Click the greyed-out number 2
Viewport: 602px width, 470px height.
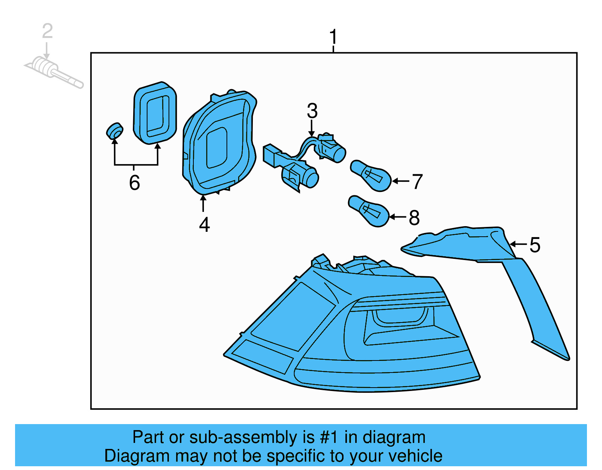click(x=47, y=31)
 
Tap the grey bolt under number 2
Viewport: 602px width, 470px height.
click(x=53, y=71)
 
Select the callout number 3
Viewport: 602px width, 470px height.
click(x=312, y=111)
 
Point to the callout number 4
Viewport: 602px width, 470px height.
click(x=204, y=225)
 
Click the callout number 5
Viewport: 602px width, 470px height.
click(x=535, y=245)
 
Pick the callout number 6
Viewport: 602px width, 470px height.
click(x=134, y=183)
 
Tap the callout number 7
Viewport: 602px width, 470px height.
click(x=417, y=182)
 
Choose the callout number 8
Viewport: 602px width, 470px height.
click(x=414, y=218)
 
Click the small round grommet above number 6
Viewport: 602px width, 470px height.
click(x=114, y=131)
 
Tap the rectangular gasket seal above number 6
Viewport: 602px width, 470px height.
click(x=155, y=113)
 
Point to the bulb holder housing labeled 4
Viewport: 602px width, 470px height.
click(x=218, y=143)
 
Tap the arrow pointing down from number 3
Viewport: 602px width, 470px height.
click(x=312, y=128)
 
